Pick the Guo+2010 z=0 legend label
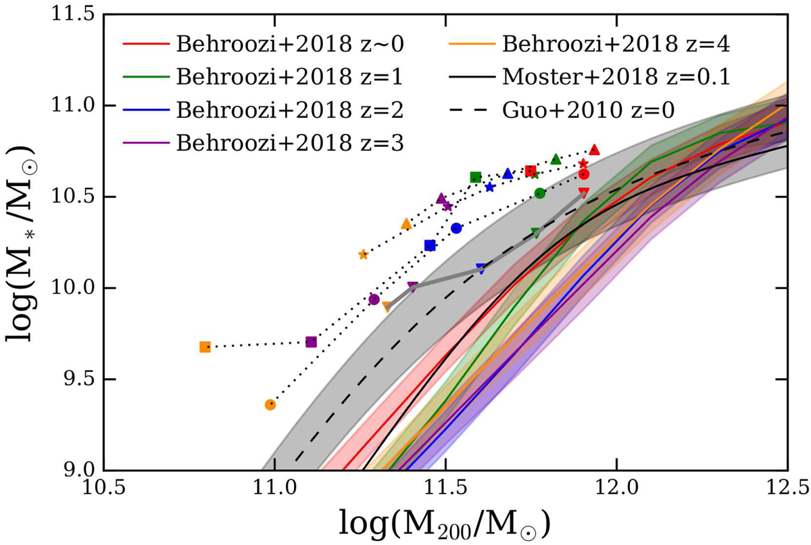(x=582, y=109)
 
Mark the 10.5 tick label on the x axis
(x=104, y=488)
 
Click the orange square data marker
(x=205, y=347)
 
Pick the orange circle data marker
(x=270, y=404)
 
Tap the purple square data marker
(x=311, y=342)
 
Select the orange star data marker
(x=364, y=254)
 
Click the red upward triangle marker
(x=595, y=149)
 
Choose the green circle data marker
(x=539, y=193)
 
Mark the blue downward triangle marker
(x=481, y=268)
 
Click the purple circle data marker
(x=374, y=299)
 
